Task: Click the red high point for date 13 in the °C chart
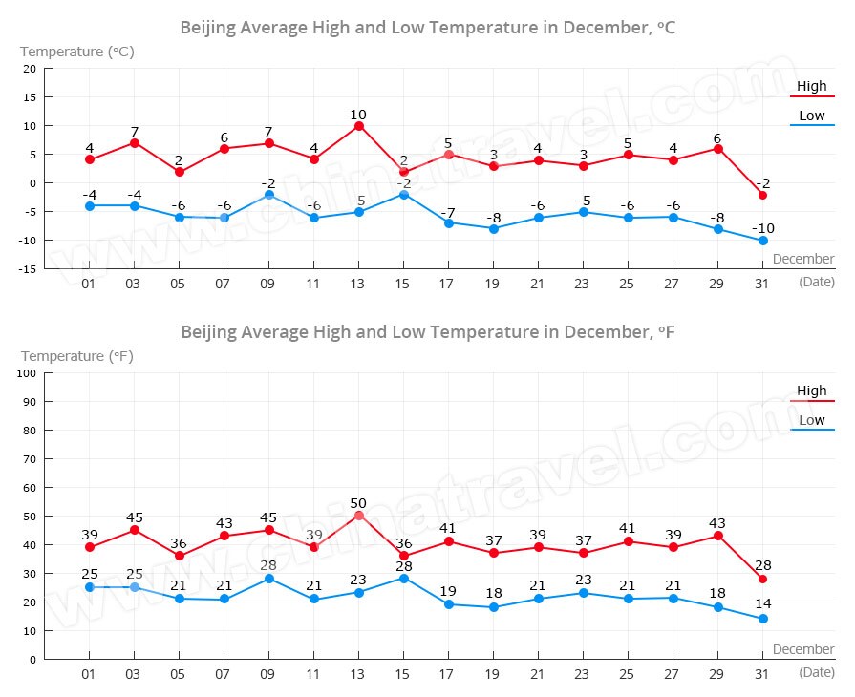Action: coord(359,126)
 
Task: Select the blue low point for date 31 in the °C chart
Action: coord(762,241)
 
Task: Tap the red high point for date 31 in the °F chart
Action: coord(762,579)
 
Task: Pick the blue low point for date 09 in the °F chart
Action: coord(269,579)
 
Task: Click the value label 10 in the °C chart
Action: coord(359,114)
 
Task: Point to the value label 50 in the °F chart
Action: coord(359,503)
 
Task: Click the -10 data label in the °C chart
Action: coord(762,228)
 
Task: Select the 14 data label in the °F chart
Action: coord(762,604)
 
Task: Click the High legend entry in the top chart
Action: coord(812,86)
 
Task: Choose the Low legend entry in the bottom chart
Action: coord(812,420)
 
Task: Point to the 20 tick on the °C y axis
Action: coord(29,69)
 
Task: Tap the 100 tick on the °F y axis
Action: coord(26,373)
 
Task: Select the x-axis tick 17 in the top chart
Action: coord(449,284)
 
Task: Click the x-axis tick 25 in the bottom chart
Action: coord(628,673)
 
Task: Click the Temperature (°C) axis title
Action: coord(77,52)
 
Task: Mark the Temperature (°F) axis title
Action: coord(77,356)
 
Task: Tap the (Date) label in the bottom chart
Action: coord(816,672)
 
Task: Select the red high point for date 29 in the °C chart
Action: coord(717,149)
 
